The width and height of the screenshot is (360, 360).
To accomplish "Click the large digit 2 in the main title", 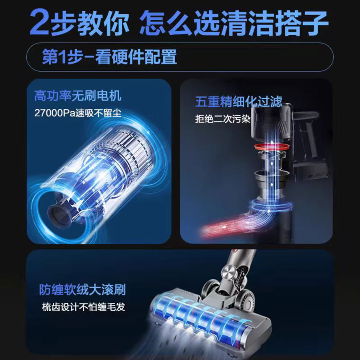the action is (x=39, y=22).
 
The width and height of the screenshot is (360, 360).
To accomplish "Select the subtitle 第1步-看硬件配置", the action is (x=109, y=57).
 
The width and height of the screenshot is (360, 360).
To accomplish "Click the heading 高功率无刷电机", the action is (x=78, y=96).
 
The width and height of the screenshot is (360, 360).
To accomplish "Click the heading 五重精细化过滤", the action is (x=239, y=102).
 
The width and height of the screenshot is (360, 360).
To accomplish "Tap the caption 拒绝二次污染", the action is (x=223, y=119).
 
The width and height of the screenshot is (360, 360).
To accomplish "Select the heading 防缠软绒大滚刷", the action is (x=82, y=290).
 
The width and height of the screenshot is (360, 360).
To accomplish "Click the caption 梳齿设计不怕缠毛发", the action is (x=84, y=307).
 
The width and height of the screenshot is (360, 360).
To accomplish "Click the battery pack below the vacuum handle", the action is (x=311, y=170).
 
